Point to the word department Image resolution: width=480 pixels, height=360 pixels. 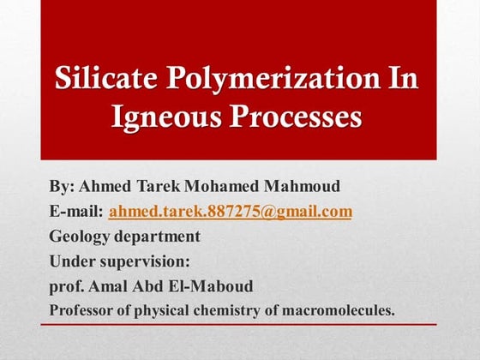tap(159, 236)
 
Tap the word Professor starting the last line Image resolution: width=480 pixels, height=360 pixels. tap(82, 309)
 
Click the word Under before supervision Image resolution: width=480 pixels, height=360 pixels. tap(73, 260)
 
